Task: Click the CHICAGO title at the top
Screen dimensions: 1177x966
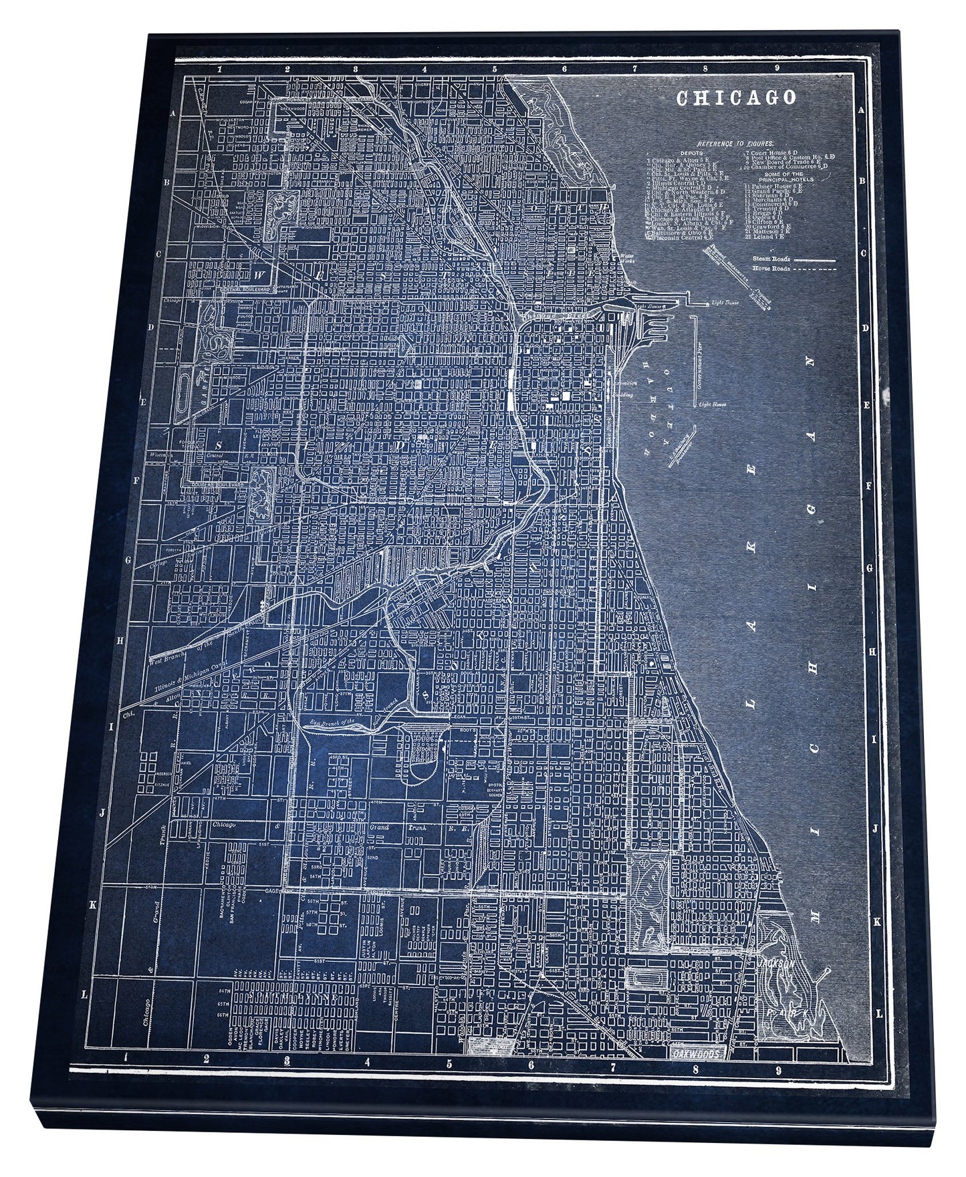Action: coord(737,98)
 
